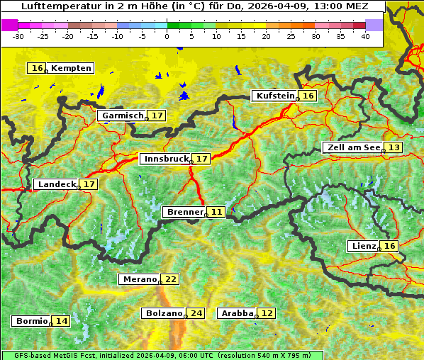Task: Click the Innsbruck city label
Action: pyautogui.click(x=166, y=159)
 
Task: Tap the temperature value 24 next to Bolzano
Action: pyautogui.click(x=196, y=313)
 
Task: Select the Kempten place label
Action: pyautogui.click(x=71, y=68)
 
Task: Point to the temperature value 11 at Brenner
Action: pyautogui.click(x=216, y=212)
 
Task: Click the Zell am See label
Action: pyautogui.click(x=352, y=147)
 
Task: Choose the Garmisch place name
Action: pyautogui.click(x=123, y=116)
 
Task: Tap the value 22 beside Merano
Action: pyautogui.click(x=171, y=279)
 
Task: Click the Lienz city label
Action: pyautogui.click(x=364, y=246)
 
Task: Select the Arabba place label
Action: pyautogui.click(x=237, y=313)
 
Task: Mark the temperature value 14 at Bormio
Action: pyautogui.click(x=62, y=321)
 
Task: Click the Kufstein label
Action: pyautogui.click(x=274, y=96)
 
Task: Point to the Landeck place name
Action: pyautogui.click(x=57, y=184)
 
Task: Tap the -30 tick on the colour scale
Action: pyautogui.click(x=18, y=35)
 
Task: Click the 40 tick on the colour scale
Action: pyautogui.click(x=365, y=35)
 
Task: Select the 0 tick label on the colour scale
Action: pyautogui.click(x=167, y=35)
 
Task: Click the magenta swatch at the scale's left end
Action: pyautogui.click(x=10, y=25)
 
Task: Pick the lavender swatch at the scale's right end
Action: pyautogui.click(x=374, y=25)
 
